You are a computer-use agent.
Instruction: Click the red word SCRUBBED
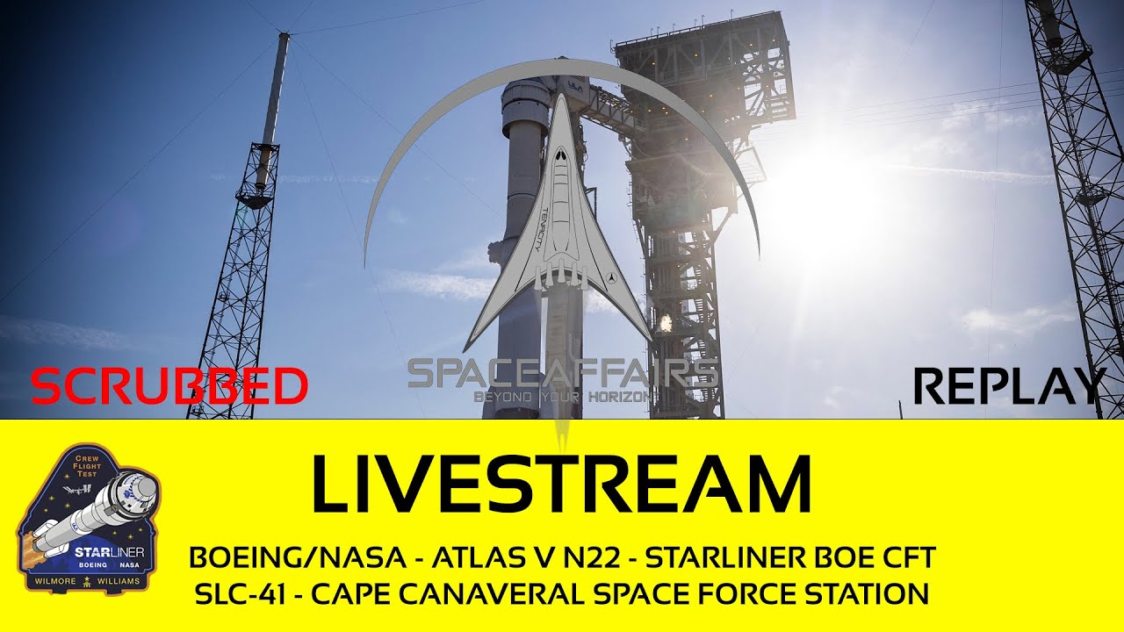169,386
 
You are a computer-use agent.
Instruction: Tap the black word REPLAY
1009,386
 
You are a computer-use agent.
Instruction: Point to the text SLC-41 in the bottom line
235,594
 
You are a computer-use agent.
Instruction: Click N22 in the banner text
590,557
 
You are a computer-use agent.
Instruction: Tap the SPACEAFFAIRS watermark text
562,374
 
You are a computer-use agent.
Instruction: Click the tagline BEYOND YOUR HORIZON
562,397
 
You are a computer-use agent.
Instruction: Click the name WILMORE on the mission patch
54,581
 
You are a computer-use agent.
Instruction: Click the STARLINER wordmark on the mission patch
114,552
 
